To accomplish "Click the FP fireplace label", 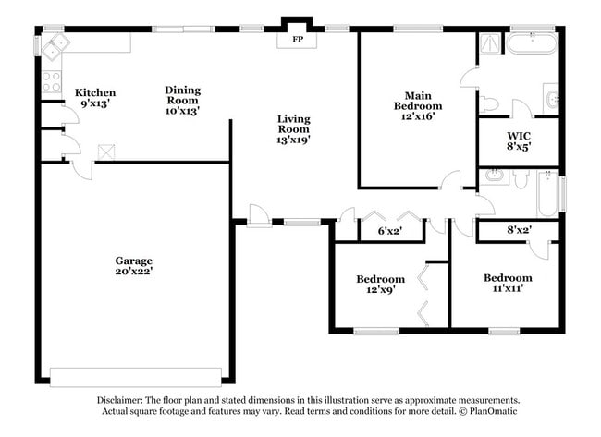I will point(298,41).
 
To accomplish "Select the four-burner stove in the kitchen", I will point(52,81).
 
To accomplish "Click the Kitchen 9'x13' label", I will point(95,98).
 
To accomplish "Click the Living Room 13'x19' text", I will point(293,129).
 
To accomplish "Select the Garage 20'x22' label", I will point(134,266).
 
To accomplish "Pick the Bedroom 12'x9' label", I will point(380,285).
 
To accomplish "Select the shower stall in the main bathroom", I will point(489,43).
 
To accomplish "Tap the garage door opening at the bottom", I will point(135,377).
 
